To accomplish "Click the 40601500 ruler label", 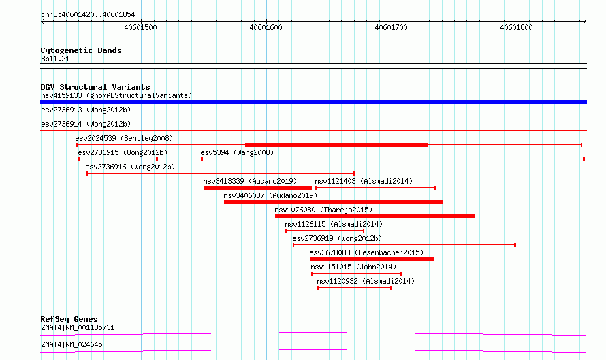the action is (140, 27).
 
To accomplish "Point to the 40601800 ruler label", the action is (516, 27).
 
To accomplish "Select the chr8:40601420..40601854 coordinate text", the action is (88, 15).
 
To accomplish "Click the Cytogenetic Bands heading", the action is (81, 50).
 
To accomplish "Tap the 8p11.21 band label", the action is (55, 59).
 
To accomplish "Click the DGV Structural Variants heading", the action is (95, 87).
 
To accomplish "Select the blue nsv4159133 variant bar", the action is (313, 102).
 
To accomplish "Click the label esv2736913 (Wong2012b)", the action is (86, 110).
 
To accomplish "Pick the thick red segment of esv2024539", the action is (336, 145).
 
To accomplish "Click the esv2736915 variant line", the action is (118, 159).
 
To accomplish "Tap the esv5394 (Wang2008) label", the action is (237, 152).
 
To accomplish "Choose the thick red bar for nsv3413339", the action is (257, 188).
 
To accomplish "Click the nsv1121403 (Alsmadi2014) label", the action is (364, 181).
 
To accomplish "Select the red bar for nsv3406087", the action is (334, 202).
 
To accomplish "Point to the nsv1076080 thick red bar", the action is (374, 216).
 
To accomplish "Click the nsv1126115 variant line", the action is (325, 231).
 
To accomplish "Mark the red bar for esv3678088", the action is (371, 259).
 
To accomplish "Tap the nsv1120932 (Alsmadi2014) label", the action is (366, 281).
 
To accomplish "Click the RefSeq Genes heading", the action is (69, 319).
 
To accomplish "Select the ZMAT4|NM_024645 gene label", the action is (71, 344).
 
